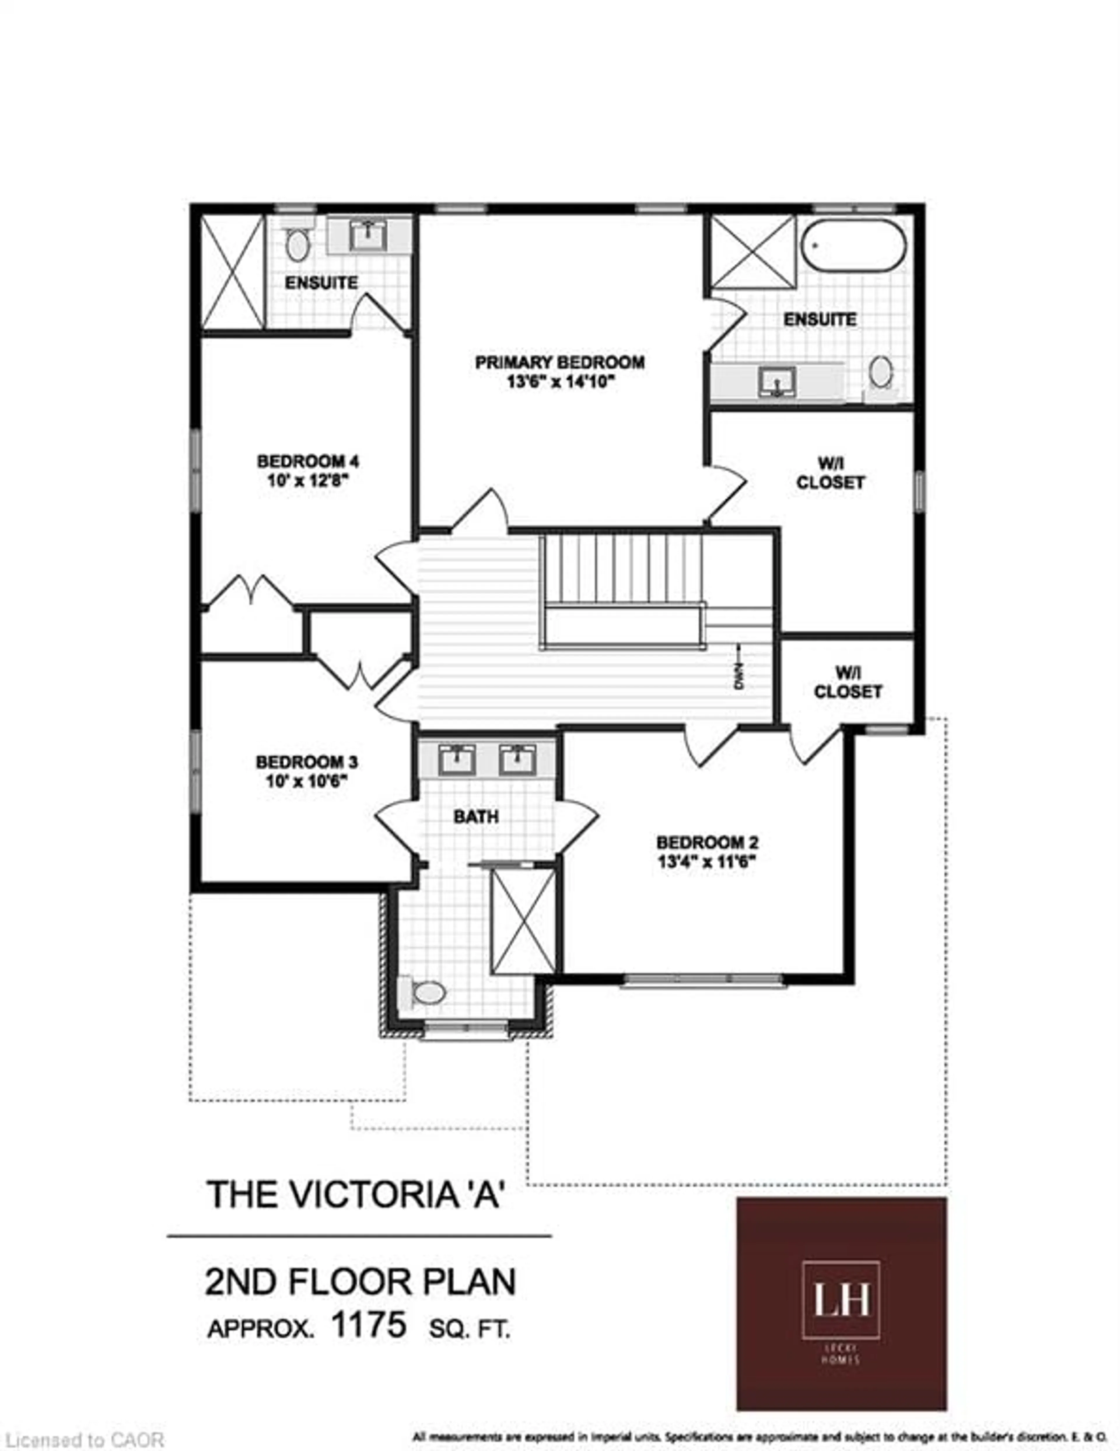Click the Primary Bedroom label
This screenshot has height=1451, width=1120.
point(559,363)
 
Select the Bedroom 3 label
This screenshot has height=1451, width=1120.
point(307,761)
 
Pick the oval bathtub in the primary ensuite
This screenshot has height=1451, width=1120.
point(853,245)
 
